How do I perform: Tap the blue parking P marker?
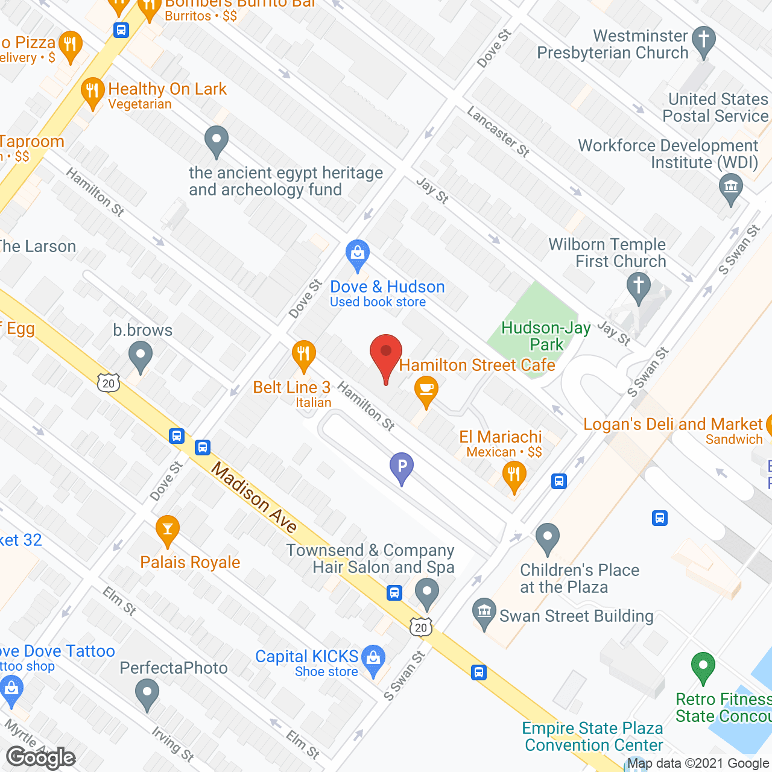tap(401, 467)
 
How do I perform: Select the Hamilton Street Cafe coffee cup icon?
tap(426, 390)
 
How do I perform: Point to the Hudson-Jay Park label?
tap(546, 337)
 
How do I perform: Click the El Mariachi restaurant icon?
tap(514, 476)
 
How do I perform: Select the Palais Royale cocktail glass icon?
tap(167, 530)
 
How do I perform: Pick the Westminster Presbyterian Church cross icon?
tap(703, 41)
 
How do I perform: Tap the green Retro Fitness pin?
tap(703, 666)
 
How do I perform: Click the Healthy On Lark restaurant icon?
tap(92, 92)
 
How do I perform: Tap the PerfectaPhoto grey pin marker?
tap(147, 694)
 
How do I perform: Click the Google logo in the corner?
tap(41, 758)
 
